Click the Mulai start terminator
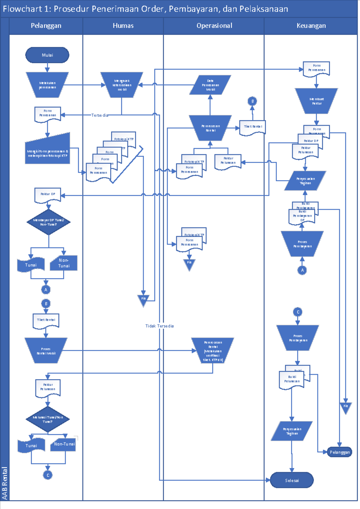47,55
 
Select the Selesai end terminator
292,480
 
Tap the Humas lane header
123,26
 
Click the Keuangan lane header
311,26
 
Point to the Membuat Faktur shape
316,101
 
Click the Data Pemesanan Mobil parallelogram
210,85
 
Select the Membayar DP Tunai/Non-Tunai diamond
49,222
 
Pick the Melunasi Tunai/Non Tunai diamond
48,419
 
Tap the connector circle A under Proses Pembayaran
302,270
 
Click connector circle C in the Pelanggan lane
48,475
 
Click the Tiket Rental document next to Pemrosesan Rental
252,127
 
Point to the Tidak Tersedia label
159,326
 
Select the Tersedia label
100,115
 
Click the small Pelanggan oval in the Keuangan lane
340,452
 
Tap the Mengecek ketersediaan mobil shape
122,85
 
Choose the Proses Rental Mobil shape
46,351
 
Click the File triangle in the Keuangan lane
346,407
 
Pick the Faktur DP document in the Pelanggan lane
48,195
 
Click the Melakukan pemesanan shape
47,85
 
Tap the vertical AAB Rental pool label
4,483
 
